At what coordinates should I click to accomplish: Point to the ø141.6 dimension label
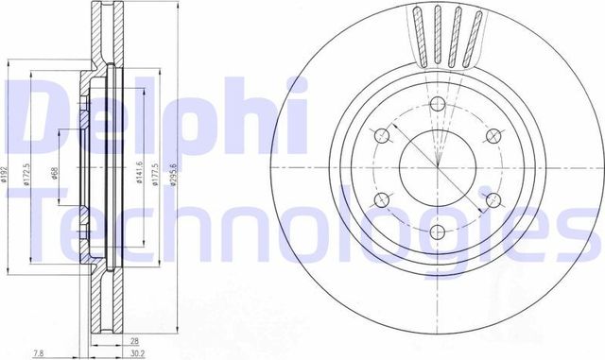pyautogui.click(x=139, y=172)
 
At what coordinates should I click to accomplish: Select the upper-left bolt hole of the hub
pyautogui.click(x=382, y=138)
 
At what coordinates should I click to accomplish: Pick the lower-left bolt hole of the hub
pyautogui.click(x=382, y=199)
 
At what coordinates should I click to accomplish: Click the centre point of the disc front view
pyautogui.click(x=438, y=167)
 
